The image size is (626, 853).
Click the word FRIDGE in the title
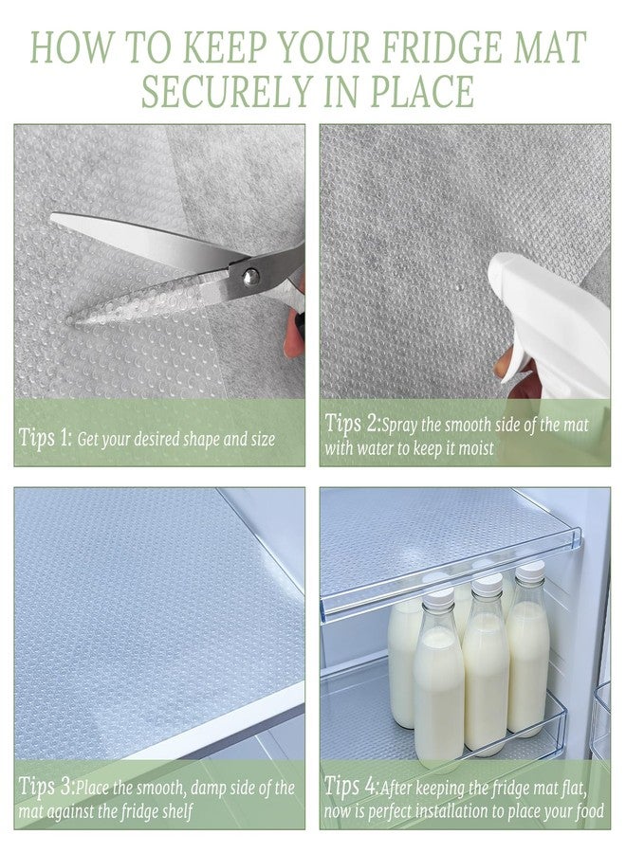click(442, 47)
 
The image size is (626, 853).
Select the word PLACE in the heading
click(422, 91)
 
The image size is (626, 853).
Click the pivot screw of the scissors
click(250, 277)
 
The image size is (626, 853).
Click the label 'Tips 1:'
click(46, 437)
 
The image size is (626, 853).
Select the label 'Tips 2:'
click(352, 424)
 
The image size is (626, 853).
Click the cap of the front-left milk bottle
click(437, 597)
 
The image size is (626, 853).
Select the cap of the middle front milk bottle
click(487, 584)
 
